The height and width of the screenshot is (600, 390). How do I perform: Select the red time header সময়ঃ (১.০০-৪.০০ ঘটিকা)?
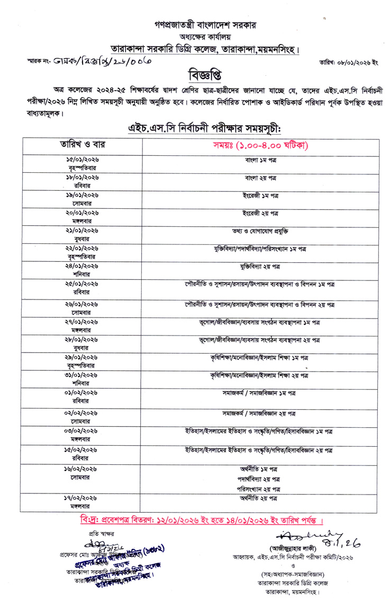click(261, 145)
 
